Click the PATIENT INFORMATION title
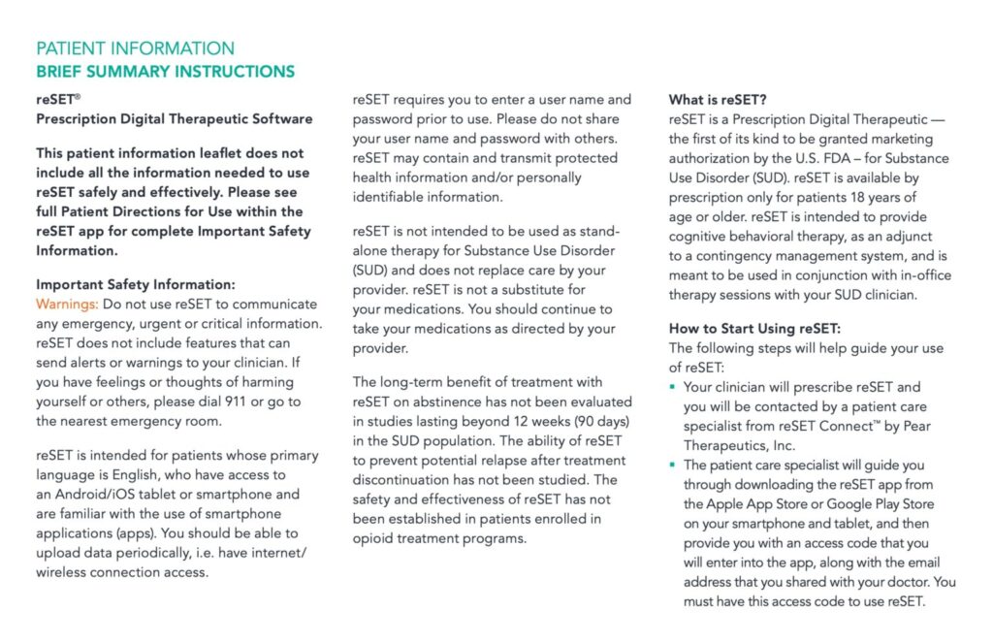pyautogui.click(x=135, y=48)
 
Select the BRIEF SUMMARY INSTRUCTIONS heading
pyautogui.click(x=165, y=72)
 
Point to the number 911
pyautogui.click(x=236, y=402)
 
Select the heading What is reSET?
pyautogui.click(x=718, y=100)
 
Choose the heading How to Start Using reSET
pyautogui.click(x=754, y=329)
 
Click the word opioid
pyautogui.click(x=374, y=538)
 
